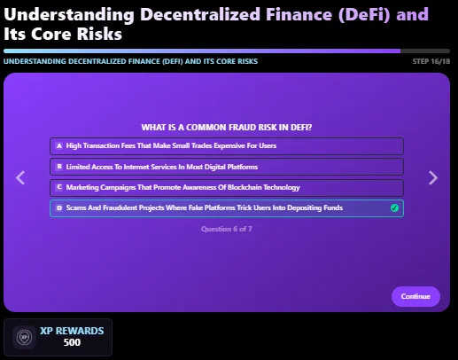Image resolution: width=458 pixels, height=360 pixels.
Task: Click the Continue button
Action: click(x=415, y=296)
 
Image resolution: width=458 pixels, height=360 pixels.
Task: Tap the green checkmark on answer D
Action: click(x=394, y=208)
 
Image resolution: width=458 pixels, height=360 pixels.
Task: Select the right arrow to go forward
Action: click(x=433, y=177)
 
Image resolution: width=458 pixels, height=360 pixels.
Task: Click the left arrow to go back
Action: click(x=20, y=177)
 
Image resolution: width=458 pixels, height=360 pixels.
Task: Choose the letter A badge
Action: click(x=59, y=145)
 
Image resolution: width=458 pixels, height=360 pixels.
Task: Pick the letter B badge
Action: click(x=59, y=167)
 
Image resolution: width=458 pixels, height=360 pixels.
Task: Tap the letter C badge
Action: click(x=59, y=187)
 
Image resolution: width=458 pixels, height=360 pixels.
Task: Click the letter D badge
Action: click(x=59, y=207)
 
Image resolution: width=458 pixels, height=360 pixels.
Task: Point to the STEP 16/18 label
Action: click(x=431, y=61)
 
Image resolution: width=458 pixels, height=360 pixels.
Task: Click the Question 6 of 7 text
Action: click(x=227, y=229)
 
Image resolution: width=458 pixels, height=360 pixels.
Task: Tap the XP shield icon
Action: click(x=24, y=337)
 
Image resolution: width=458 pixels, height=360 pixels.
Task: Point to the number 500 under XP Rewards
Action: click(x=72, y=342)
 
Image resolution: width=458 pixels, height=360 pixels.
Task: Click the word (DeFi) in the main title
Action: click(x=364, y=14)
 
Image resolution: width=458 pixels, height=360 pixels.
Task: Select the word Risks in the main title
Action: click(x=99, y=34)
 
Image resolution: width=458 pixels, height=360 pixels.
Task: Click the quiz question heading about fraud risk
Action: click(x=227, y=128)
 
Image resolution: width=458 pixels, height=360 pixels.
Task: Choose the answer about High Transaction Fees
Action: click(x=227, y=146)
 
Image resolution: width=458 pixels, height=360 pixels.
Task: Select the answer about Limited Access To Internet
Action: click(x=227, y=167)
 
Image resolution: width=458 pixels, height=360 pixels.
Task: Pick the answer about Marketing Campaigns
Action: click(x=227, y=188)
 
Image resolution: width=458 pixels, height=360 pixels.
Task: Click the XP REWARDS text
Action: click(x=72, y=331)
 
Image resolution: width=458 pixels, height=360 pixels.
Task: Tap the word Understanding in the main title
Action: click(x=69, y=15)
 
